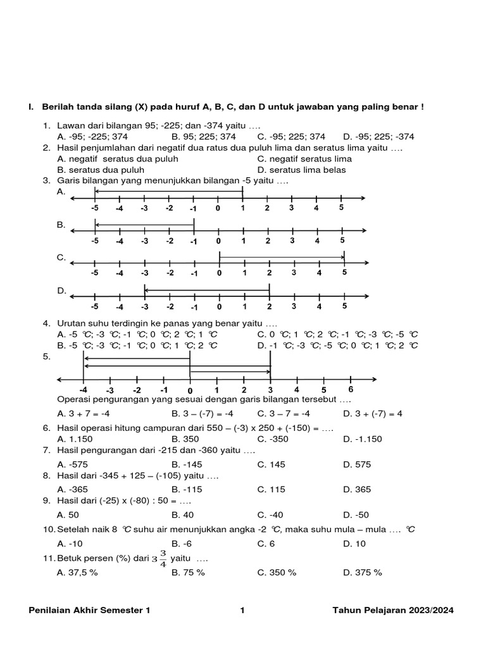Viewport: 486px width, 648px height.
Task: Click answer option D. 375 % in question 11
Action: coord(363,572)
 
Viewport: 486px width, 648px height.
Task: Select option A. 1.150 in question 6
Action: coord(75,438)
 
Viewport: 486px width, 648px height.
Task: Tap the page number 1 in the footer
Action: coord(242,611)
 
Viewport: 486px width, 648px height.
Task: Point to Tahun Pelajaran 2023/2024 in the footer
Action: coord(393,611)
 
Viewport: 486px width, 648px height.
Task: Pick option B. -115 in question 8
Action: coord(187,489)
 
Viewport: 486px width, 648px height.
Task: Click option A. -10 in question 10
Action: coord(70,543)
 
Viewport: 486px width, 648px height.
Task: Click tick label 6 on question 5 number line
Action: coord(351,389)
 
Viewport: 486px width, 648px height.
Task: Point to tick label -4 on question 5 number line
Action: coord(83,390)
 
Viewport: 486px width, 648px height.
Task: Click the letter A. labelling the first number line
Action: coord(61,191)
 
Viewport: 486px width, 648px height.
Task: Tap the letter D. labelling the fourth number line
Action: coord(61,290)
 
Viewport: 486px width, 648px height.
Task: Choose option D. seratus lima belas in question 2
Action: coord(301,170)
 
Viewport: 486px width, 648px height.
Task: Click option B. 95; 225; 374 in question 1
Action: coord(204,136)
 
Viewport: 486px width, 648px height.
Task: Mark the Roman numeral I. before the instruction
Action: coord(30,108)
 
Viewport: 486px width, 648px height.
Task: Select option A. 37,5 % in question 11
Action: coord(77,572)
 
